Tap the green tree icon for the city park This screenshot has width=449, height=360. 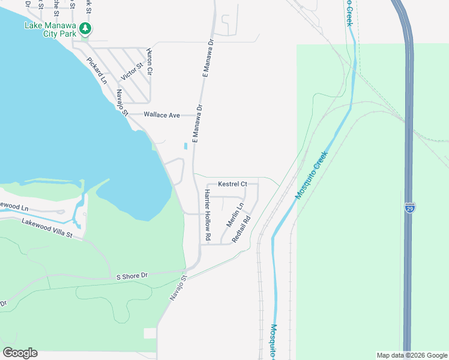[x=86, y=28]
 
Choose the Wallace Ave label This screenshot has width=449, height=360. [x=162, y=115]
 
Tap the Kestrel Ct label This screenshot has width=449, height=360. [x=232, y=184]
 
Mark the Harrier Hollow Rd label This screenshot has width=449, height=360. [x=207, y=215]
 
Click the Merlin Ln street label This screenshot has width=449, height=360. [x=235, y=214]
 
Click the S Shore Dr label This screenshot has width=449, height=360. [x=131, y=276]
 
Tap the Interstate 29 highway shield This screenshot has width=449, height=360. [x=410, y=208]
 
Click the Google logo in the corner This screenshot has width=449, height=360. [x=20, y=353]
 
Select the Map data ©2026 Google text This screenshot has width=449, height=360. [x=411, y=355]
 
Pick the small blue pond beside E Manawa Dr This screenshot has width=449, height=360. [x=185, y=145]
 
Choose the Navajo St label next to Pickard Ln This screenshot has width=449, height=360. [x=122, y=102]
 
